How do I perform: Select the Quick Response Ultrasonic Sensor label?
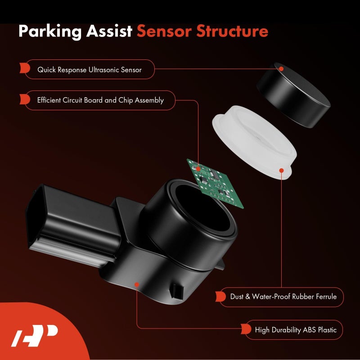(89, 70)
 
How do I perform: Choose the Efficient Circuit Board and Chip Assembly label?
(100, 100)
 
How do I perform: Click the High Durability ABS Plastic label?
(295, 330)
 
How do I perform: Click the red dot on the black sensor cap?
(281, 69)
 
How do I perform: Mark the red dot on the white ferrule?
(281, 171)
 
